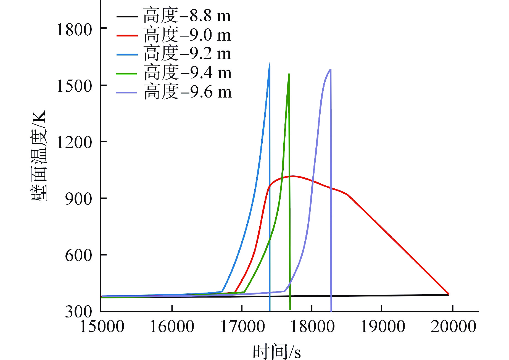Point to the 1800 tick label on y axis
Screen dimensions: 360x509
pyautogui.click(x=74, y=30)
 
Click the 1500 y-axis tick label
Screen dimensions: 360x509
pyautogui.click(x=74, y=86)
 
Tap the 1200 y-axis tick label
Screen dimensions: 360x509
pyautogui.click(x=74, y=143)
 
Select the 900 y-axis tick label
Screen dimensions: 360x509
pyautogui.click(x=78, y=199)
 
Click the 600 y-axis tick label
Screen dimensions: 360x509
pyautogui.click(x=78, y=255)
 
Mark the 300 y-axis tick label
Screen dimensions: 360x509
pyautogui.click(x=78, y=312)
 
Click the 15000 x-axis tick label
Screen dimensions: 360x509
pyautogui.click(x=102, y=327)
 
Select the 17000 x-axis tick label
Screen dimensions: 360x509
pyautogui.click(x=242, y=327)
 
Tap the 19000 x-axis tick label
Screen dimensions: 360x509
pyautogui.click(x=383, y=327)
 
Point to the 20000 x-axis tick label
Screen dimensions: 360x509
pyautogui.click(x=453, y=327)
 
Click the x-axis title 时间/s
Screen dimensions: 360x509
pyautogui.click(x=276, y=351)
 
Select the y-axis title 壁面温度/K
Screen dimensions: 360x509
pyautogui.click(x=39, y=156)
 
